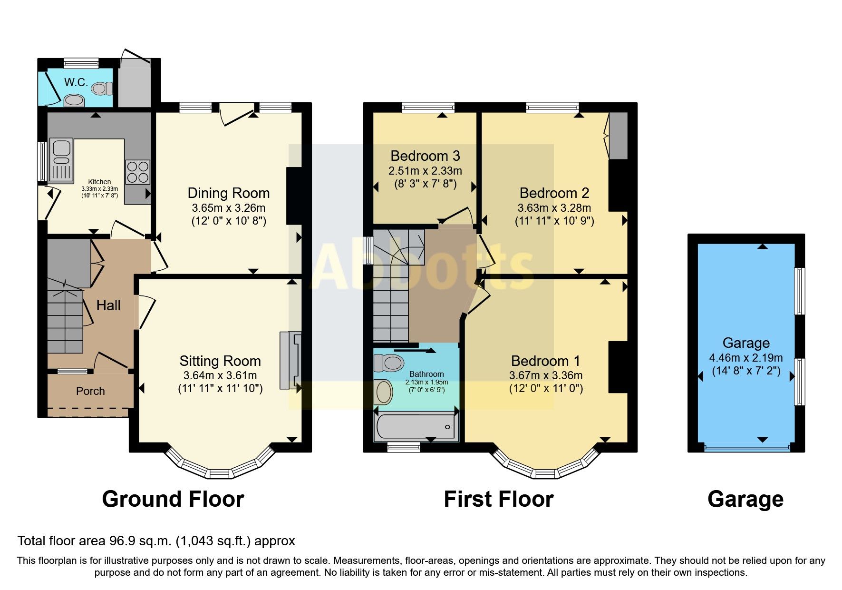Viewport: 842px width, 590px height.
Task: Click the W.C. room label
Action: point(76,82)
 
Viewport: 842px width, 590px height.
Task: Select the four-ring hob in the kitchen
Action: point(137,172)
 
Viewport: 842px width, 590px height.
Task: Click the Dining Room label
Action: point(228,193)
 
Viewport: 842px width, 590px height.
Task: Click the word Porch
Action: point(90,391)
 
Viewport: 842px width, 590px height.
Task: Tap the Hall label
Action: point(108,305)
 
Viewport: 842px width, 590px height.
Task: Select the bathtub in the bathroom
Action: point(416,426)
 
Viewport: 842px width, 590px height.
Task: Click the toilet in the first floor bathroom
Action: point(389,363)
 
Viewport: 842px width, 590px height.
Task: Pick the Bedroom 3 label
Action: point(425,156)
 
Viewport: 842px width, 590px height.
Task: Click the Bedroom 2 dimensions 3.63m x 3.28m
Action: point(554,208)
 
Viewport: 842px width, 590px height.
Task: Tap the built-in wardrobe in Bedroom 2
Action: point(619,136)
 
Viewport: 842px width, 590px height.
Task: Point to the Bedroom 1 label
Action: point(545,361)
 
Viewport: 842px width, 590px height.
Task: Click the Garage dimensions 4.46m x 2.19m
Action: point(745,358)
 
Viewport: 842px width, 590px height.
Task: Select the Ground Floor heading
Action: point(173,499)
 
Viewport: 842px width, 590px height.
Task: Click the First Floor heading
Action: point(498,499)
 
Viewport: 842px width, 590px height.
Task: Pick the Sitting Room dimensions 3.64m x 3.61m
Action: point(220,375)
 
